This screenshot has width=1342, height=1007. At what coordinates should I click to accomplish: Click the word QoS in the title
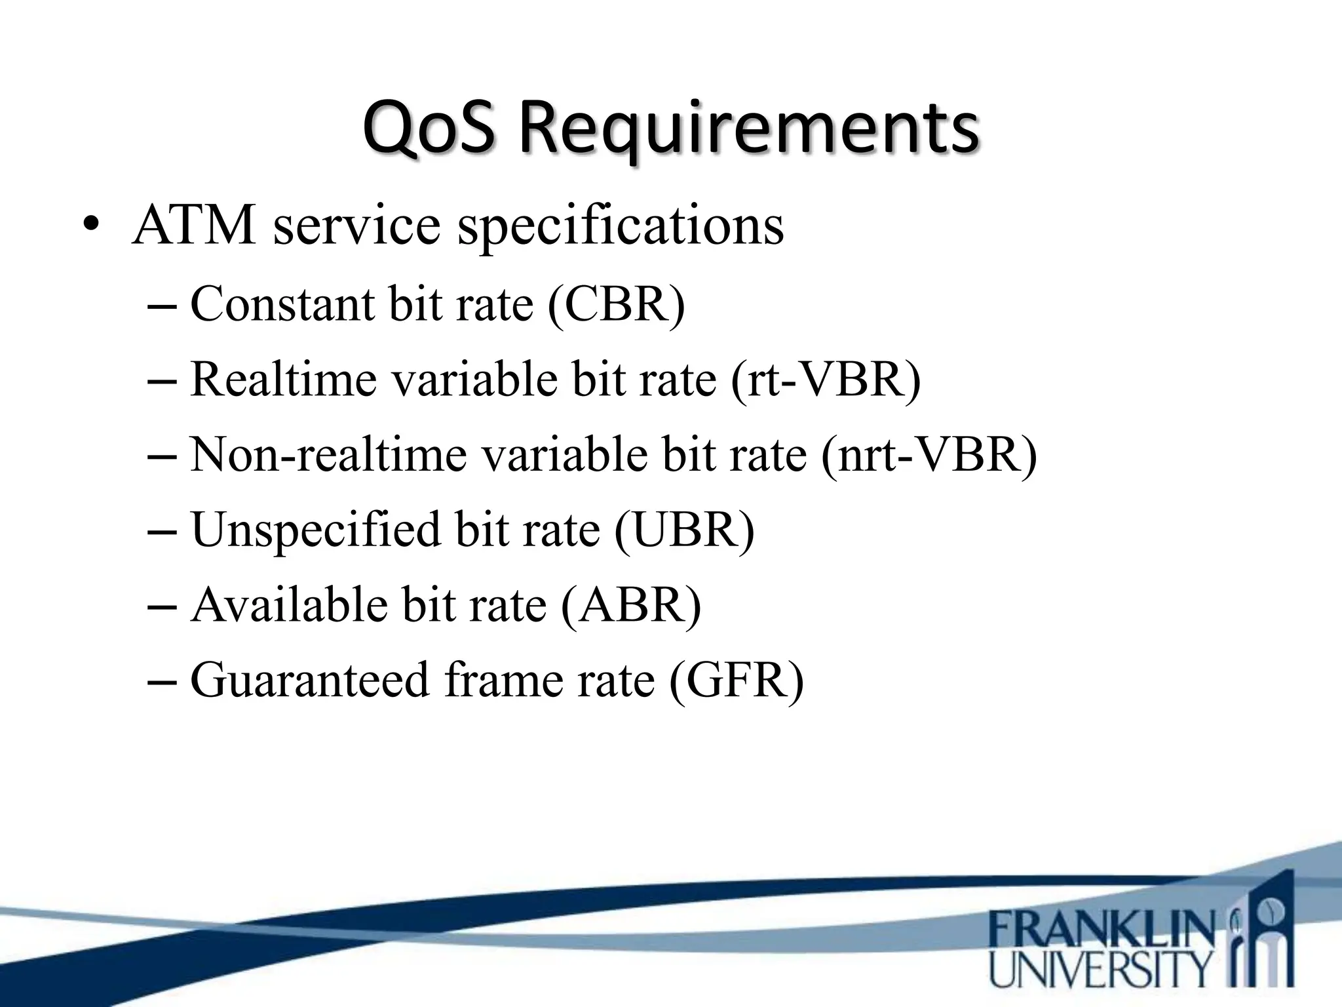[x=427, y=128]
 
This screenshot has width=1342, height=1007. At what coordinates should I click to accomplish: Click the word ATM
[x=194, y=226]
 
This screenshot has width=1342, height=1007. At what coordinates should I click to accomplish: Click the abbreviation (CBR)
[x=616, y=304]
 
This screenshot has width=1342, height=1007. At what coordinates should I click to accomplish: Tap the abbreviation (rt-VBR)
[x=825, y=380]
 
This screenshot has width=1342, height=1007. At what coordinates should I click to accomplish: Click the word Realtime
[x=283, y=380]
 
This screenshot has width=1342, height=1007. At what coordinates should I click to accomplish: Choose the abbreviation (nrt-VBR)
[x=929, y=454]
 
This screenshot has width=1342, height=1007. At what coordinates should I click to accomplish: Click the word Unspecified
[x=315, y=529]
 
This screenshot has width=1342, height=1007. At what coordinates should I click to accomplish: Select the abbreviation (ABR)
[x=631, y=604]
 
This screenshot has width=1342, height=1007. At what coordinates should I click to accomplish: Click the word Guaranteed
[x=309, y=680]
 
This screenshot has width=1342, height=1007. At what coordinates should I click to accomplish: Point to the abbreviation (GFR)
[x=736, y=680]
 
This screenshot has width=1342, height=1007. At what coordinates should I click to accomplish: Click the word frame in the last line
[x=501, y=680]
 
